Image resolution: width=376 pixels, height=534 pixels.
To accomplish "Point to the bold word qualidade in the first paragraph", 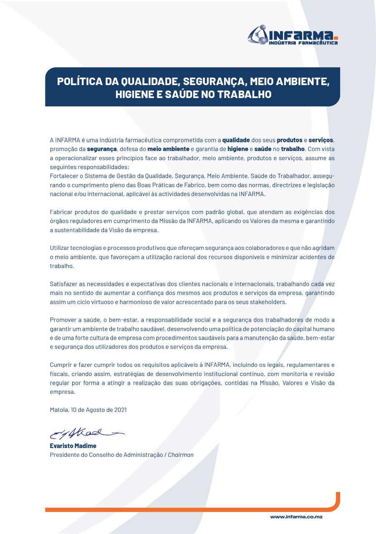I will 236,140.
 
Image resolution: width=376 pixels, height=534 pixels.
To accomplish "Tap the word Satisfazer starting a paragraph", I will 65,284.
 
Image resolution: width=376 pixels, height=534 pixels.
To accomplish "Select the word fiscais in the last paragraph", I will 59,374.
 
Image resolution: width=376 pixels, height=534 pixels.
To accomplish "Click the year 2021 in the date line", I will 120,410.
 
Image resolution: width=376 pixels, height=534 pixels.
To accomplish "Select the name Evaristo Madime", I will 73,446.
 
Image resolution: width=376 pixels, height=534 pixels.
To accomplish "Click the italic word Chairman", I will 181,455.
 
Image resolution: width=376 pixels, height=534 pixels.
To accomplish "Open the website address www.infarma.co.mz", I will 296,517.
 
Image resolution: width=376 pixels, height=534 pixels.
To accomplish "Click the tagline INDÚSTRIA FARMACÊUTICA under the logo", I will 303,43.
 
